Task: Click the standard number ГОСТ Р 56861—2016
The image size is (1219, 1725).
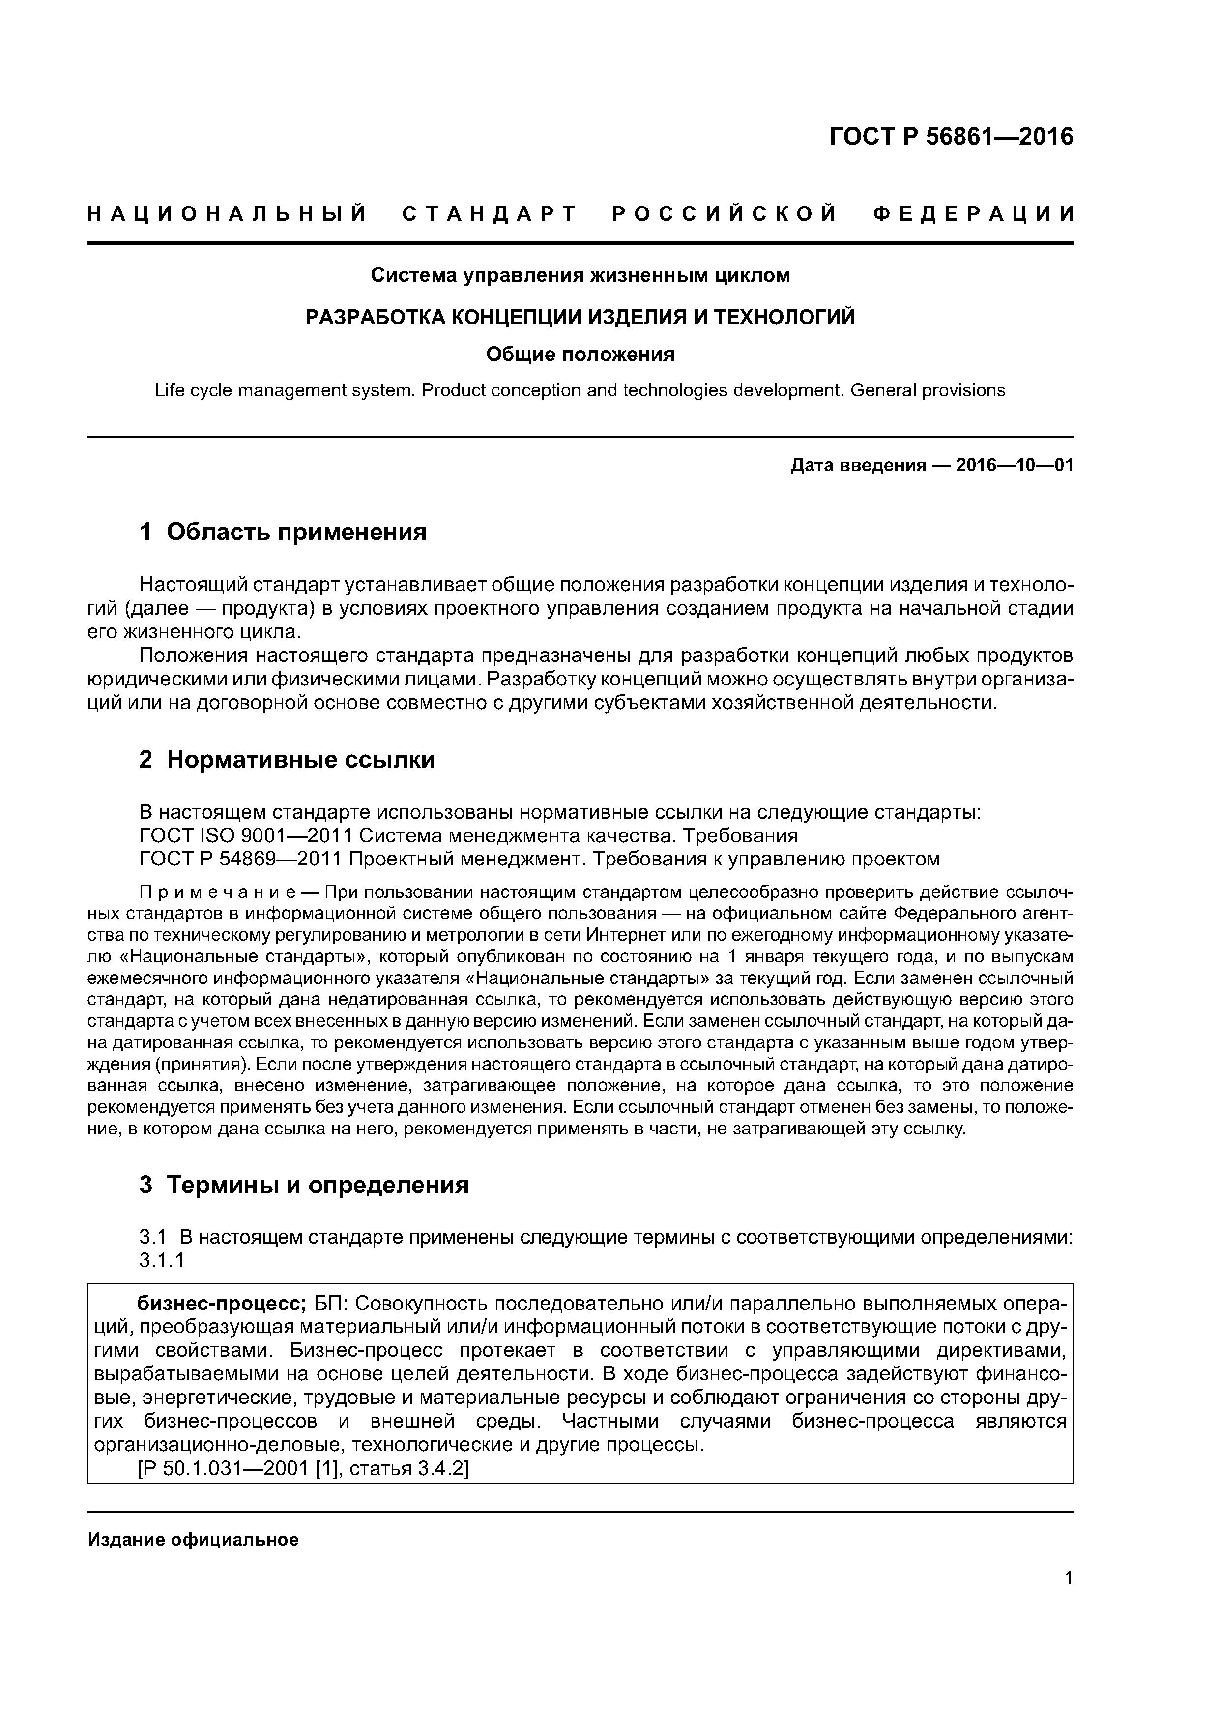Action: (951, 137)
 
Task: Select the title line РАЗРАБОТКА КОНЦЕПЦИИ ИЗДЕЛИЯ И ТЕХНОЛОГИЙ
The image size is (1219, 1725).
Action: (580, 317)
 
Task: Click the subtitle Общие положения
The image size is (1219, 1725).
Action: (580, 354)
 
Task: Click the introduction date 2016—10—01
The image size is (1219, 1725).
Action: (1014, 466)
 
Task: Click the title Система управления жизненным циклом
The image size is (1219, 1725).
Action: (580, 276)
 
